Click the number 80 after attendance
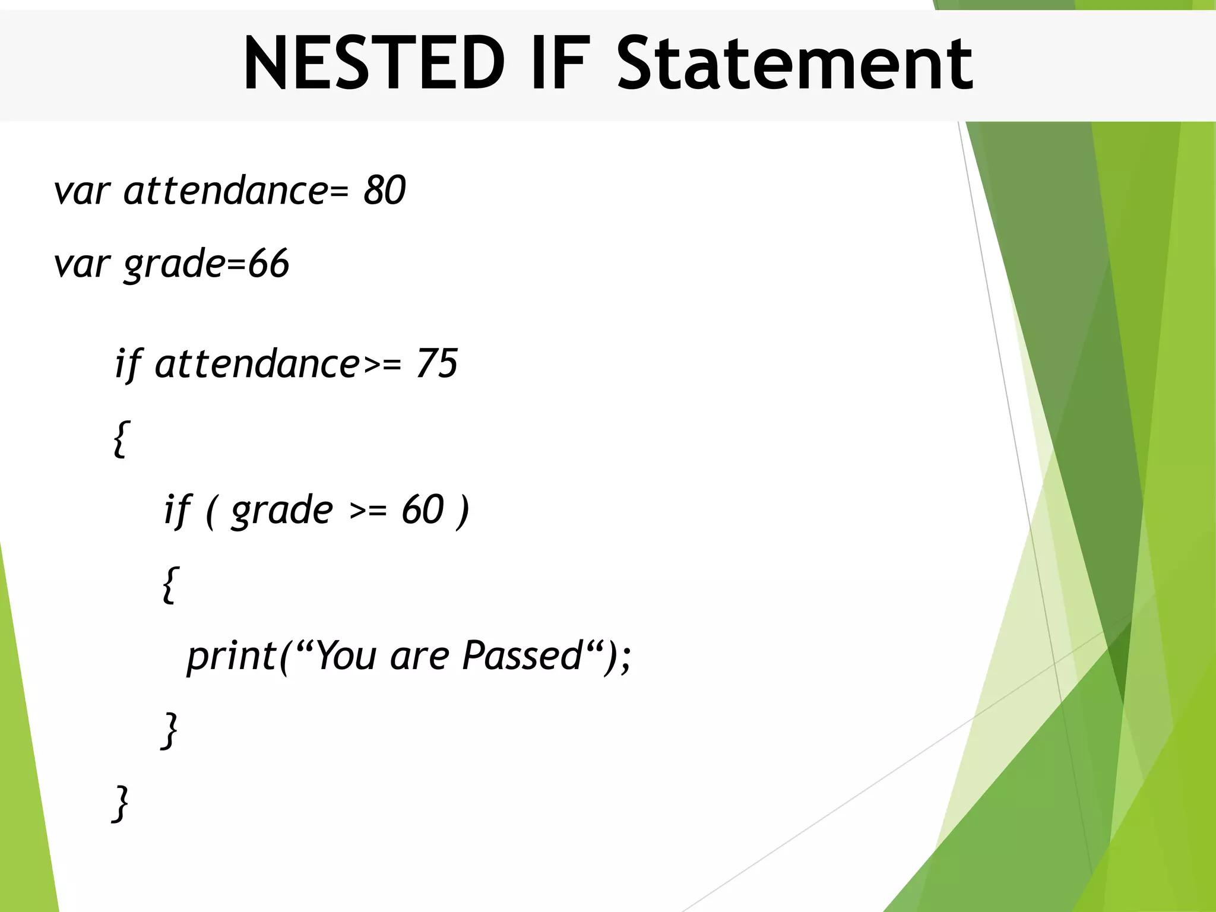384,191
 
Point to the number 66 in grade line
268,264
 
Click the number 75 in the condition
436,363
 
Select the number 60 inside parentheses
422,509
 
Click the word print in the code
232,657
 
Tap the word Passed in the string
522,655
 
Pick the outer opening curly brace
121,438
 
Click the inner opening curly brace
170,585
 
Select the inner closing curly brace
170,730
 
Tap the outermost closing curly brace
121,803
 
